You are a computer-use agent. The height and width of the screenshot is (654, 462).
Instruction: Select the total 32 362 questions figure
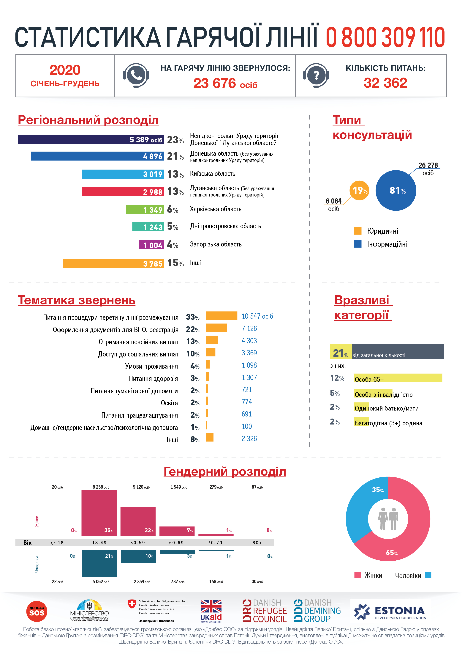(x=385, y=83)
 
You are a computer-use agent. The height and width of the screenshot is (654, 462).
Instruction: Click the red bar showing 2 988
(x=122, y=191)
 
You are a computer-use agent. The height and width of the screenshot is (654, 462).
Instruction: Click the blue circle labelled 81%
(x=396, y=190)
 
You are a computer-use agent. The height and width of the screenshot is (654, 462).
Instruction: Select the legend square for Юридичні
(x=357, y=231)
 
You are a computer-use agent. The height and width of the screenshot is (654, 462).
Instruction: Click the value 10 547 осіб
(x=257, y=316)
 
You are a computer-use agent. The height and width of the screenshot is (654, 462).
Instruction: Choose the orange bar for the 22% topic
(x=216, y=328)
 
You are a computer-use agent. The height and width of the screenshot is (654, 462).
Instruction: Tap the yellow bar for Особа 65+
(x=398, y=378)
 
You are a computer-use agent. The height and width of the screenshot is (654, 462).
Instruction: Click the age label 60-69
(x=176, y=543)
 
